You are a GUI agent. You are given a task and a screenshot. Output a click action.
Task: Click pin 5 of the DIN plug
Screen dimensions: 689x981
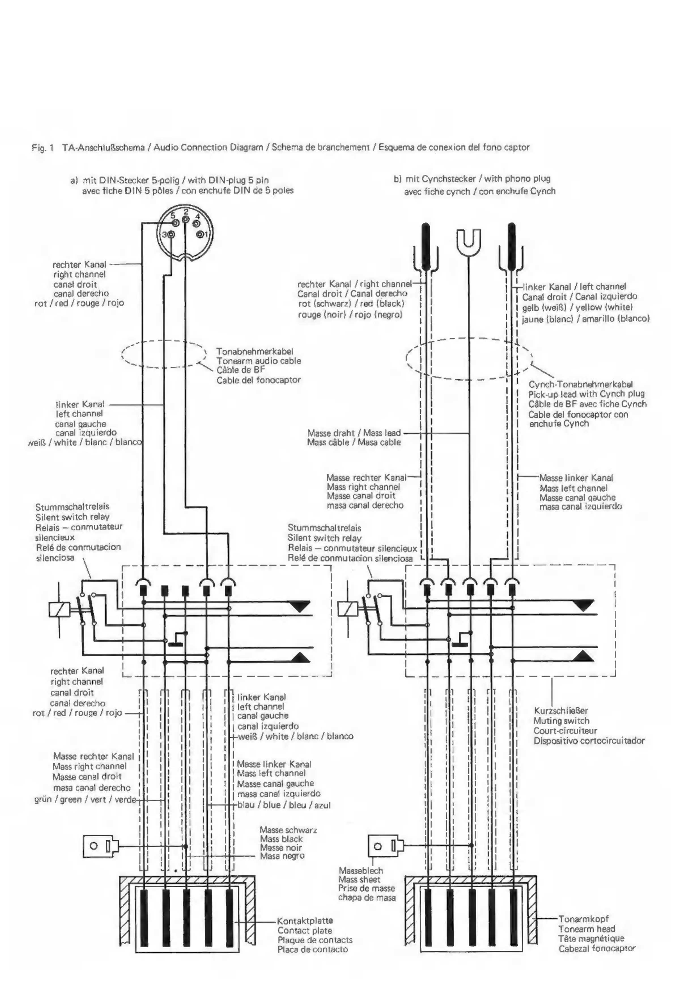click(175, 222)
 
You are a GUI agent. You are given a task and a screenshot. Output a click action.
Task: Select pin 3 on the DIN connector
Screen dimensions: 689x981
click(171, 234)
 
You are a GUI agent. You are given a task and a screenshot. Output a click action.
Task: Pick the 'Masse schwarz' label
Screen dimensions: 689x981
click(288, 830)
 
